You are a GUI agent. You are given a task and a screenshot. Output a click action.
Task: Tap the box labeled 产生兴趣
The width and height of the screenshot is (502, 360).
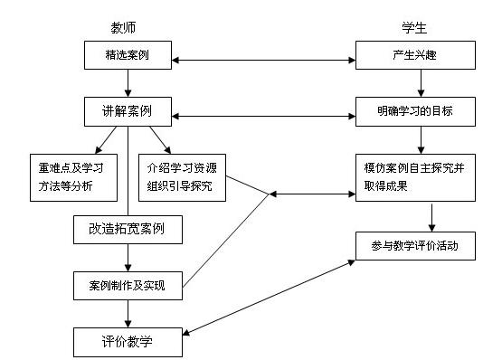[x=416, y=55]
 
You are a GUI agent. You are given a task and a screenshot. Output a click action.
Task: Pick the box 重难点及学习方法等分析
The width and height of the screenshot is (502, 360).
[x=73, y=176]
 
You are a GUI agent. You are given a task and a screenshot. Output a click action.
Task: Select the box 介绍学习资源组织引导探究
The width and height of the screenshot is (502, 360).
[x=180, y=176]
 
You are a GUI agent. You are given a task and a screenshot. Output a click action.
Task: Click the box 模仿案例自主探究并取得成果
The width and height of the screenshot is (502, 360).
[x=416, y=176]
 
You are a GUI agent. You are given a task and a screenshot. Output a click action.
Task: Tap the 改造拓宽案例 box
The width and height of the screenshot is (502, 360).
[x=128, y=230]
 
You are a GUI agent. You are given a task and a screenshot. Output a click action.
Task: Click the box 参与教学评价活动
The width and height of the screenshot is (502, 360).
[x=416, y=244]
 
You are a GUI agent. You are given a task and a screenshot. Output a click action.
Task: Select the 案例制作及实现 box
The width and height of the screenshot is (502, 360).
[x=128, y=284]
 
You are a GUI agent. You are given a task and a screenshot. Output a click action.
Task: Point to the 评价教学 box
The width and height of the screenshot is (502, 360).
[x=128, y=341]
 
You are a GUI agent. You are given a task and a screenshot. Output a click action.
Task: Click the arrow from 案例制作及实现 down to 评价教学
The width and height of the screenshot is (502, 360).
[x=128, y=312]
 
